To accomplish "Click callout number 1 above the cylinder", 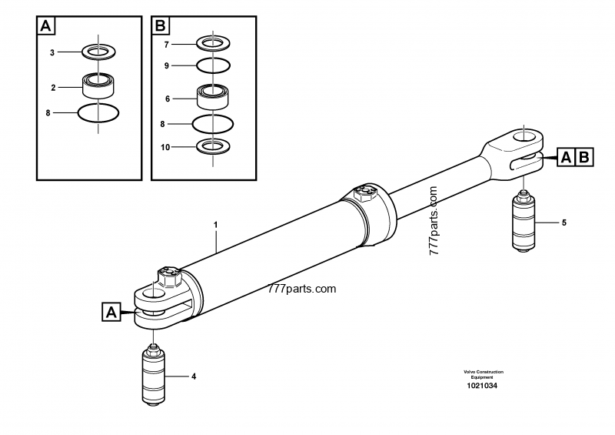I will tap(216, 225).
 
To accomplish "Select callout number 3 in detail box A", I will tap(52, 52).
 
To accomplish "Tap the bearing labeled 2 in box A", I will tap(98, 83).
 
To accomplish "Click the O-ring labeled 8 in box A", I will tap(98, 112).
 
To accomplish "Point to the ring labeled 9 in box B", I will tap(211, 66).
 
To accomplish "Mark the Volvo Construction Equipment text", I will tap(483, 373).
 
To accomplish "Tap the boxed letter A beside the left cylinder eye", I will tap(111, 312).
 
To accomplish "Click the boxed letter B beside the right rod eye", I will tap(582, 157).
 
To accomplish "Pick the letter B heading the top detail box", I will tap(161, 26).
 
